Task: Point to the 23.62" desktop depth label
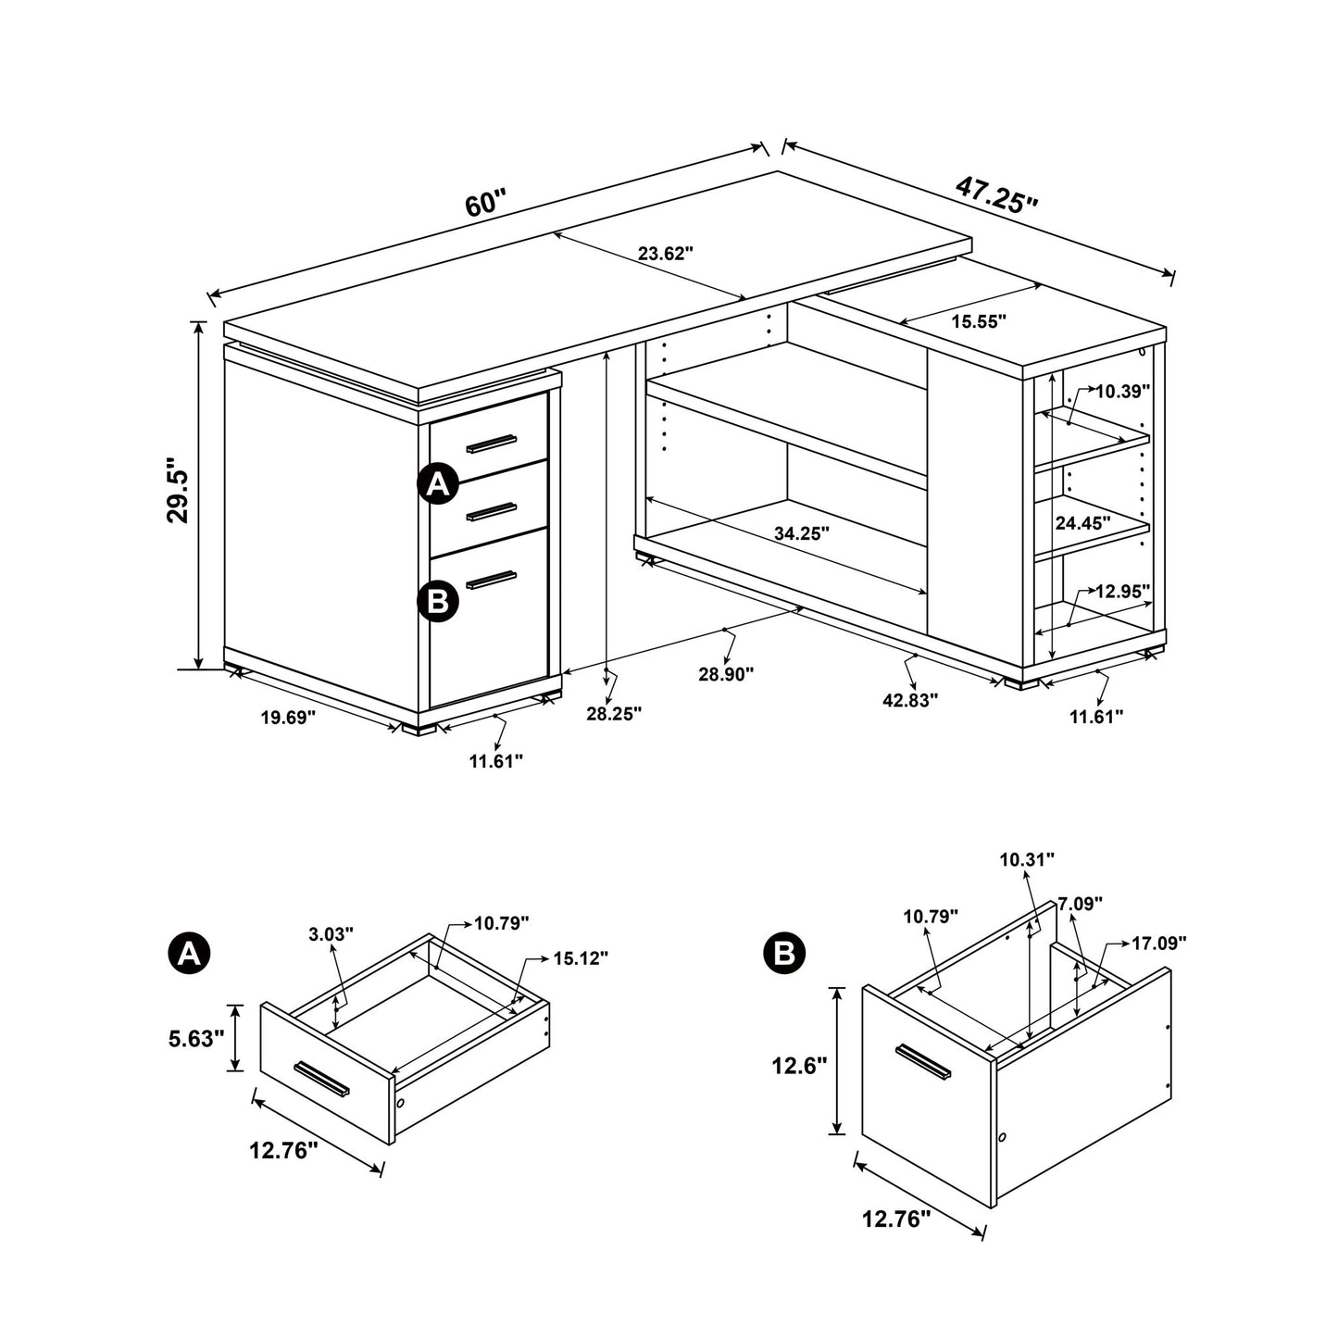tap(665, 254)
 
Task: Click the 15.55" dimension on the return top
tap(979, 321)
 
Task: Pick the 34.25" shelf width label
tap(801, 532)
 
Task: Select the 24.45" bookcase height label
tap(1082, 523)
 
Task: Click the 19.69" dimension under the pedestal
tap(287, 717)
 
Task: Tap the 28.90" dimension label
tap(726, 674)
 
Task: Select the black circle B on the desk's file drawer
tap(438, 601)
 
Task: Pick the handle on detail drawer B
tap(922, 1062)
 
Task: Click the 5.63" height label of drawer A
tap(196, 1039)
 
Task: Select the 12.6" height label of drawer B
tap(798, 1066)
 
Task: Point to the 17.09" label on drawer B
tap(1158, 944)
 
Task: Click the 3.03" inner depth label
tap(331, 935)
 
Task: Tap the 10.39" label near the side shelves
tap(1122, 392)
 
